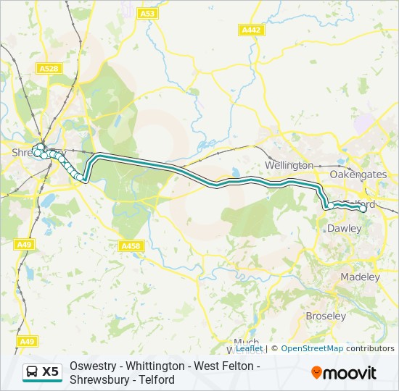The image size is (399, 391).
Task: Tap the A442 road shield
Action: pyautogui.click(x=251, y=30)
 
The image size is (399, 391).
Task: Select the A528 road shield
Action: pyautogui.click(x=49, y=68)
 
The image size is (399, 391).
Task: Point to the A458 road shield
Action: pyautogui.click(x=131, y=246)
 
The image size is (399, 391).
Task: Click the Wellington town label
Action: pyautogui.click(x=289, y=166)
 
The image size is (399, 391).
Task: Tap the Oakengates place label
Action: pyautogui.click(x=358, y=175)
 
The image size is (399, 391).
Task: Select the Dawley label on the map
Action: pyautogui.click(x=345, y=228)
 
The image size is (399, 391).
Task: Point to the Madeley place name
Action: pyautogui.click(x=360, y=277)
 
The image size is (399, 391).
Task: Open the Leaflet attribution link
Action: pyautogui.click(x=249, y=348)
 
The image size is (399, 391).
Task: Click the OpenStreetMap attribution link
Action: pyautogui.click(x=312, y=348)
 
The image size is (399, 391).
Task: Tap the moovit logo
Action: pyautogui.click(x=344, y=373)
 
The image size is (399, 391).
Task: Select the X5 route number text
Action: pyautogui.click(x=50, y=372)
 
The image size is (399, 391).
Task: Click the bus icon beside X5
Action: pyautogui.click(x=33, y=372)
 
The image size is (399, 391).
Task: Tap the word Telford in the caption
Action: pyautogui.click(x=158, y=379)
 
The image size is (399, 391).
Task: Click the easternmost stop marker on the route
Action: pyautogui.click(x=363, y=209)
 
